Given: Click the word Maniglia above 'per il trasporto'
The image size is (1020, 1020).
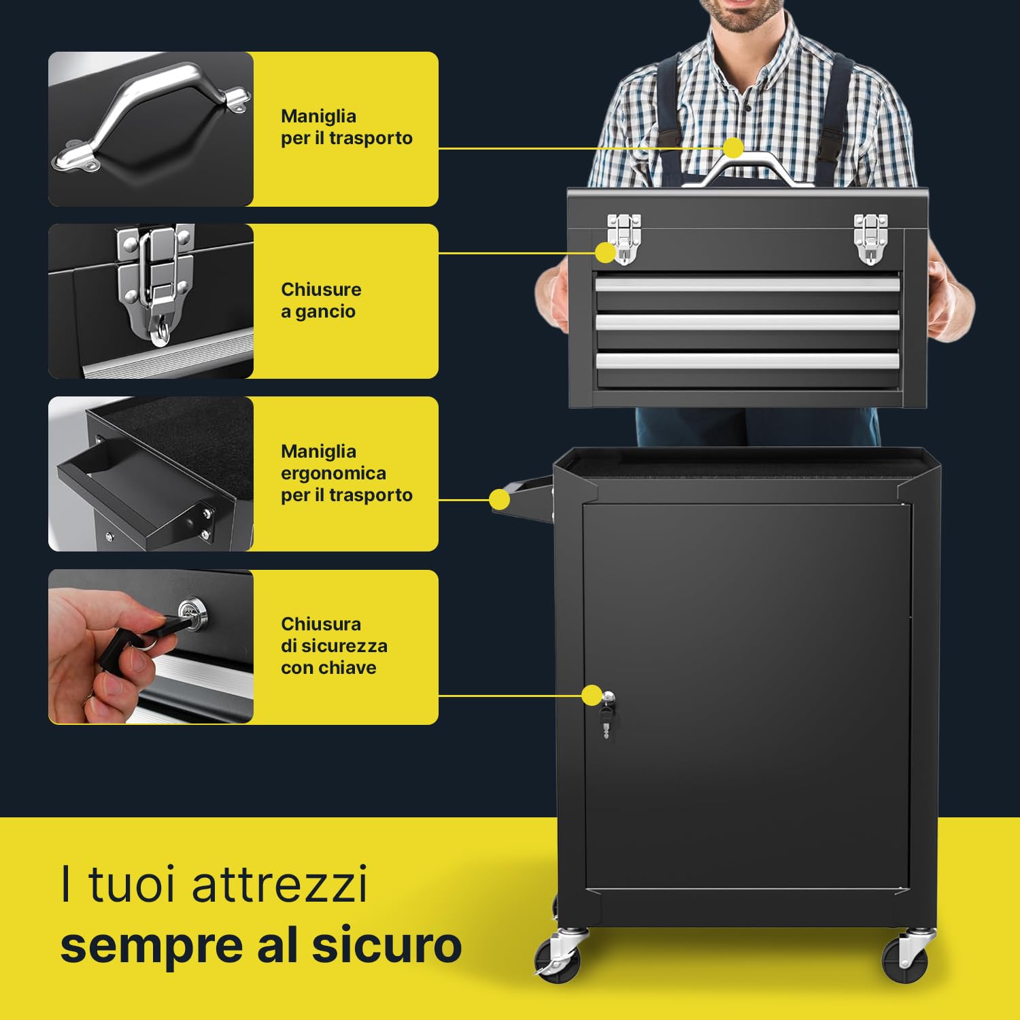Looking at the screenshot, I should pos(318,116).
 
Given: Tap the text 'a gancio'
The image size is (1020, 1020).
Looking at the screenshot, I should pos(318,311).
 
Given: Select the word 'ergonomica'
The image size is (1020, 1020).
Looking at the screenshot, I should pos(333,473).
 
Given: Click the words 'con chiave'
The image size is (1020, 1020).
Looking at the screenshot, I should pos(328,668).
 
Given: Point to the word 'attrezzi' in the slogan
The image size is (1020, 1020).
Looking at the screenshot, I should pos(279,884).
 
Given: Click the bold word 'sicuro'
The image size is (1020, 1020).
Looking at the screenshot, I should pos(387,945).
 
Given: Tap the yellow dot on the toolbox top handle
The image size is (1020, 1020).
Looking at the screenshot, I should pos(733,148).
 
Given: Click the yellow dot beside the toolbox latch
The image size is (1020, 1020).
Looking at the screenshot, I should pos(605,253).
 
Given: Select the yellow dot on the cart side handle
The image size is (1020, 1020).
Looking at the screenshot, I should pos(499,500).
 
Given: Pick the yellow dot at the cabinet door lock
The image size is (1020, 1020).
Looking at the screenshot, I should pos(592,696).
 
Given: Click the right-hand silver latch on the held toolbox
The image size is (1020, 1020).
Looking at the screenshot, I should pos(870,238).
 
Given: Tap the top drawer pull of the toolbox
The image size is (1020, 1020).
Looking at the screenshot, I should pos(747,284).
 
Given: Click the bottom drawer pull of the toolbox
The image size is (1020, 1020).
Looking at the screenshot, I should pos(747,360).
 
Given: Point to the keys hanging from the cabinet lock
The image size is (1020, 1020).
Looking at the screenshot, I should pos(606,721).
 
